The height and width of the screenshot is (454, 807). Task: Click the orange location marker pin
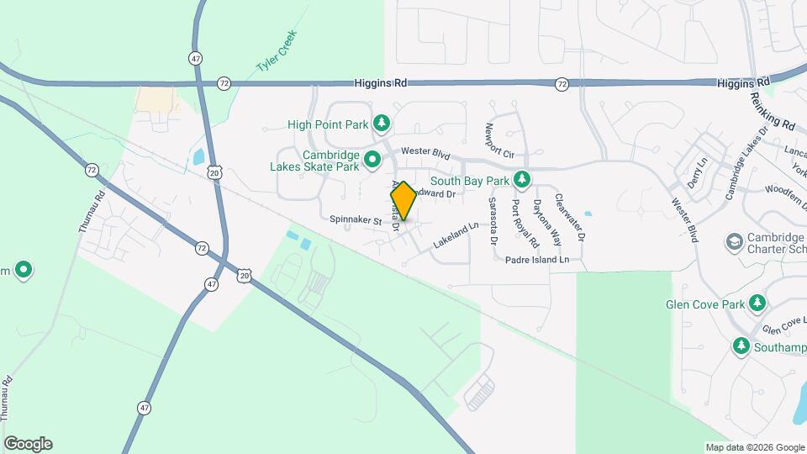pyautogui.click(x=403, y=201)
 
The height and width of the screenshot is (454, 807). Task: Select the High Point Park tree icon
pyautogui.click(x=382, y=124)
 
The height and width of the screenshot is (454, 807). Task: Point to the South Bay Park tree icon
pyautogui.click(x=523, y=180)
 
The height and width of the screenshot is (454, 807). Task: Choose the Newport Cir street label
pyautogui.click(x=498, y=141)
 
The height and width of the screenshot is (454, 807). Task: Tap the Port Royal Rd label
pyautogui.click(x=518, y=221)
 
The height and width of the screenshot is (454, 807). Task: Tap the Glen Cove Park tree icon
pyautogui.click(x=757, y=302)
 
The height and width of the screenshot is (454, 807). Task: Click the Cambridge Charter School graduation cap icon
pyautogui.click(x=734, y=241)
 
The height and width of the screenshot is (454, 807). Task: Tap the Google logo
pyautogui.click(x=28, y=444)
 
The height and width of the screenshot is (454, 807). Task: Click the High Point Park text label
pyautogui.click(x=328, y=124)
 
